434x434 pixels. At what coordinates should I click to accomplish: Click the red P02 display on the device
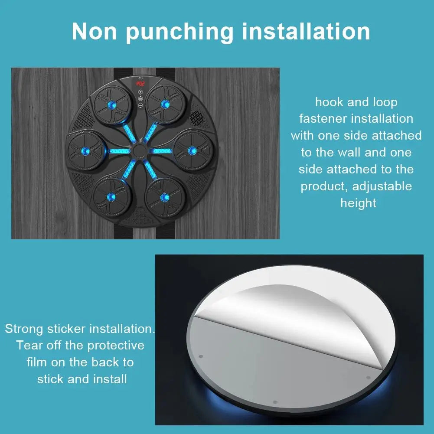(140, 84)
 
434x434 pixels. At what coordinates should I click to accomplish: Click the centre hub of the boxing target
(139, 150)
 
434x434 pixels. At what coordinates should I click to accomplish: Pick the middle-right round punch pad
(193, 151)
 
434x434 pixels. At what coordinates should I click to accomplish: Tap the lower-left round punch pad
(111, 197)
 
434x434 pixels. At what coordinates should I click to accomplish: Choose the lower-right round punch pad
(165, 198)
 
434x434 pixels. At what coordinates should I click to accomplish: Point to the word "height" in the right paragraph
(358, 203)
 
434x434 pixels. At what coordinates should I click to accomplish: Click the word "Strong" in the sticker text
(24, 330)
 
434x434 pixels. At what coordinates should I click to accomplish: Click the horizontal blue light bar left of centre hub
(119, 151)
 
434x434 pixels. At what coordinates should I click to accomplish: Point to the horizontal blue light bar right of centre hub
(160, 151)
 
